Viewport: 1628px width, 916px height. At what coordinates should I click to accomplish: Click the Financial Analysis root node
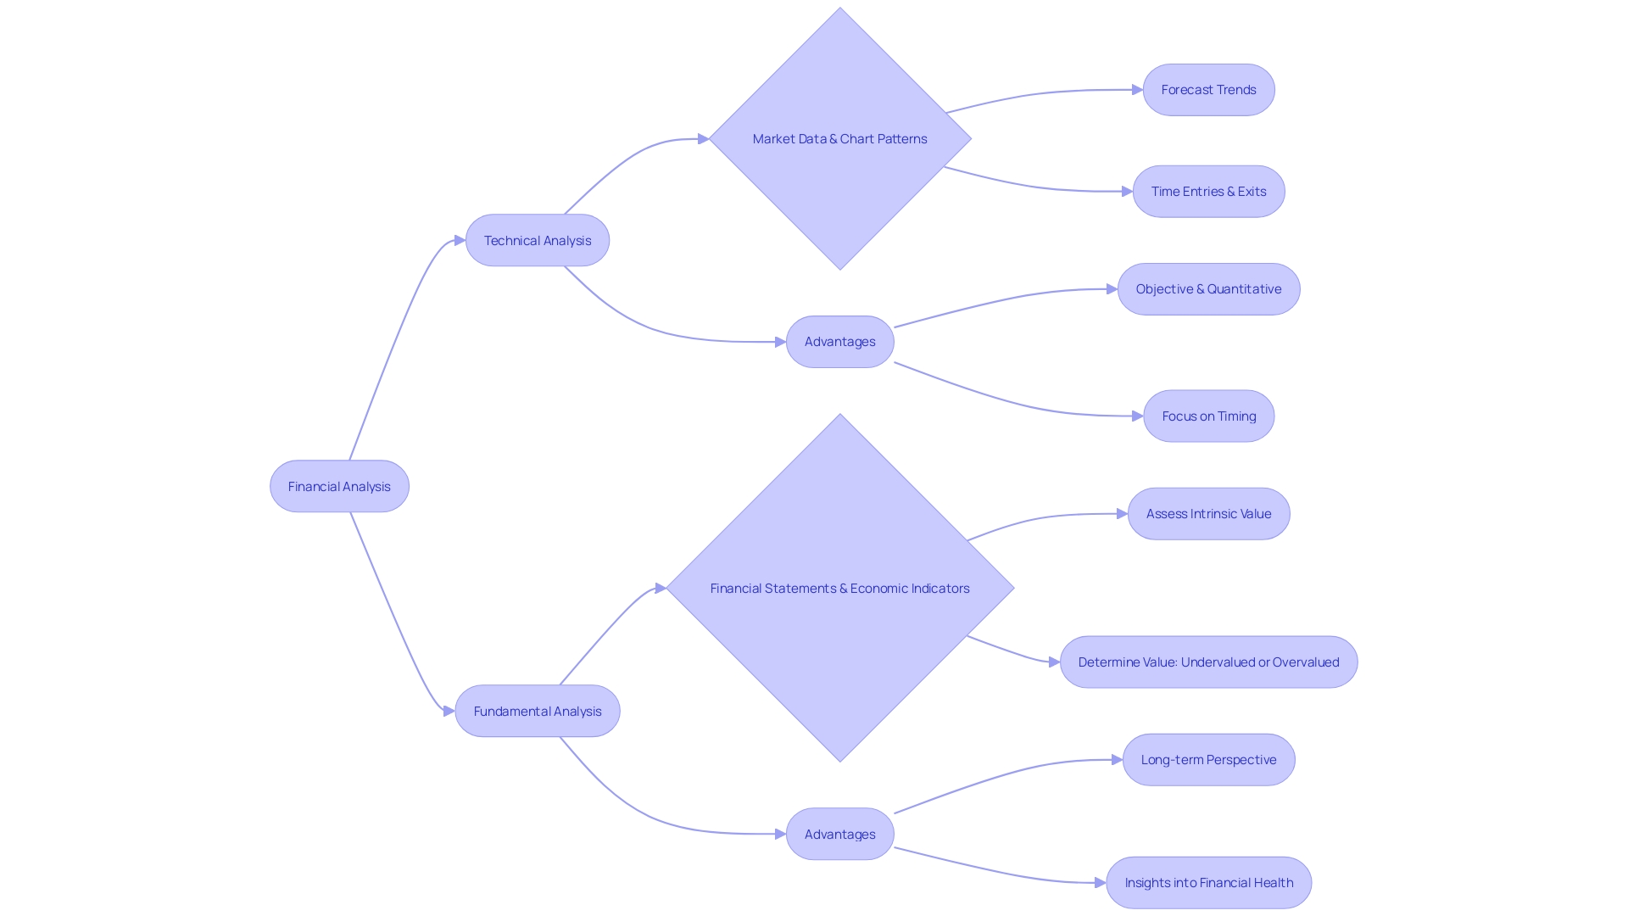339,486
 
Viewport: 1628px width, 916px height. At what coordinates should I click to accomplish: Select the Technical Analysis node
538,240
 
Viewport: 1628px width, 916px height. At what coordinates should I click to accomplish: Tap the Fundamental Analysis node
538,711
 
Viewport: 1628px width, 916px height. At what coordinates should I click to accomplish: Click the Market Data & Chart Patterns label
839,138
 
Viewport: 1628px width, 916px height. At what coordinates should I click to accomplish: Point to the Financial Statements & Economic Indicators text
839,588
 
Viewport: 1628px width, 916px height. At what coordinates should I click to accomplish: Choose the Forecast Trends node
1208,90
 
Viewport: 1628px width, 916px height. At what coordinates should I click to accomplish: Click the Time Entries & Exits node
1208,192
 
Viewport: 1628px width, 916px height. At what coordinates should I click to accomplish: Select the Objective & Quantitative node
1208,289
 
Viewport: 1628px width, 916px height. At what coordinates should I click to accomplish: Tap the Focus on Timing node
1208,416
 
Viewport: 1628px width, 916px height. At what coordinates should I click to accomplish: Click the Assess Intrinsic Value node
1208,514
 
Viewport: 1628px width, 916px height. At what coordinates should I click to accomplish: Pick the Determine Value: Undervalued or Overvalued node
1208,662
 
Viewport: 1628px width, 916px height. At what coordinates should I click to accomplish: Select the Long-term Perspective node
1208,760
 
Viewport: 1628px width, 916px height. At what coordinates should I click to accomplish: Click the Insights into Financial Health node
1208,883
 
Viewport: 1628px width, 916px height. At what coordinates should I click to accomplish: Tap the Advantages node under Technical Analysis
839,342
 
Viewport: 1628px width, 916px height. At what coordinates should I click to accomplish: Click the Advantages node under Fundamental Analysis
839,834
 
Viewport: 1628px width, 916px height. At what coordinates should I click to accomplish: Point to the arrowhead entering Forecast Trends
1137,90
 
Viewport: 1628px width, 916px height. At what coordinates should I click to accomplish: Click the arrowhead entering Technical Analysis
460,240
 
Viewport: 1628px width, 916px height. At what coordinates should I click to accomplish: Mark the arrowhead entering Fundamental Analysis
449,711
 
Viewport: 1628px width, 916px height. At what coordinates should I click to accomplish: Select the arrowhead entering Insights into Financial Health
1101,883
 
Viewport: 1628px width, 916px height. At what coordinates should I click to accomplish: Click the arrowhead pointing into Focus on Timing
1138,416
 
